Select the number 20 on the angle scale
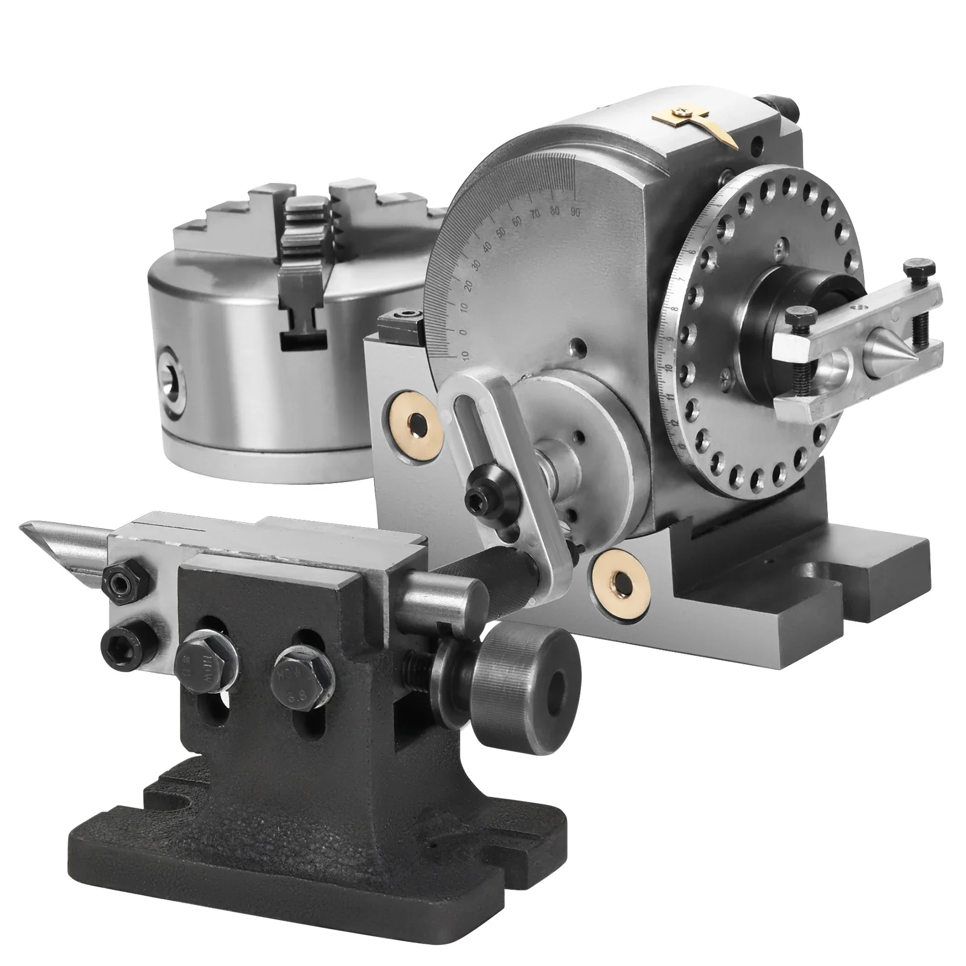click(x=465, y=286)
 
